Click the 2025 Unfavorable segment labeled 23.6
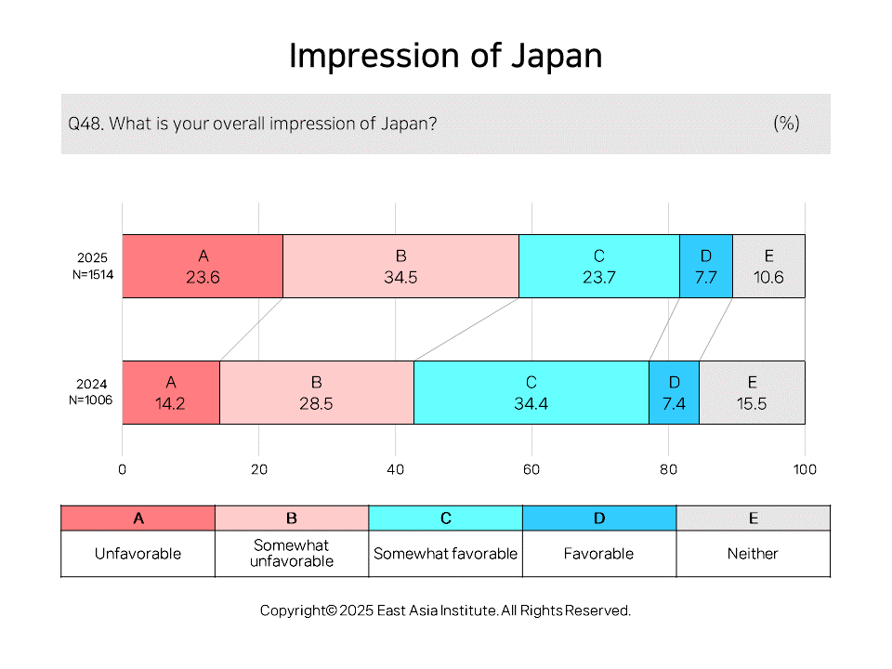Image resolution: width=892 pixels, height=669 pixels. [203, 267]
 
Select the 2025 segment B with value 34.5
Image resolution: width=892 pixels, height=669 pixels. [401, 267]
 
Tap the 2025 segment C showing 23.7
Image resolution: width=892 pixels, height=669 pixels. [599, 267]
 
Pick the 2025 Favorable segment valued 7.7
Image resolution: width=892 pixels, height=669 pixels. [706, 267]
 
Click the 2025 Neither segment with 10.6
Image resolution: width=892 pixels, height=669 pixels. [768, 267]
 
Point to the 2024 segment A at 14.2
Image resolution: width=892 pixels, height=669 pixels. [171, 392]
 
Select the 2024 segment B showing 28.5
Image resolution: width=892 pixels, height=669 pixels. [317, 392]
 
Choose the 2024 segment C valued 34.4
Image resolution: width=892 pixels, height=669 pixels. [531, 392]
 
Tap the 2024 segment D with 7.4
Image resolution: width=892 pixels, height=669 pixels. [675, 392]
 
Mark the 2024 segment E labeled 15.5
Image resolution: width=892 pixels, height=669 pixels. [752, 392]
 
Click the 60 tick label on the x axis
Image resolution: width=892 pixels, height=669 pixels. [531, 469]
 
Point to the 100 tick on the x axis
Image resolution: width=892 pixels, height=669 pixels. [805, 469]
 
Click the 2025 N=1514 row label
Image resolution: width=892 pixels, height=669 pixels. [93, 267]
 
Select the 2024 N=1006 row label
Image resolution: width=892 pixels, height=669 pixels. [91, 392]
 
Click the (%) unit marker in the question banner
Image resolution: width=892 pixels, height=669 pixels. [787, 123]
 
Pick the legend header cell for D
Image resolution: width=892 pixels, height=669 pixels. [599, 518]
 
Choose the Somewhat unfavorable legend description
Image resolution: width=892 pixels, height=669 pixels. [291, 553]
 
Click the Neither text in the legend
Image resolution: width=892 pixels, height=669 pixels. [753, 554]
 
